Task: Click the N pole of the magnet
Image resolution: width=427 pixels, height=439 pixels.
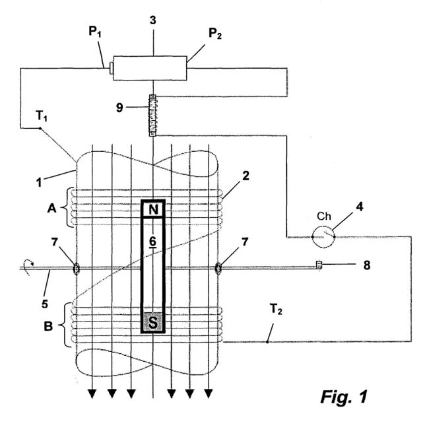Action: (x=152, y=209)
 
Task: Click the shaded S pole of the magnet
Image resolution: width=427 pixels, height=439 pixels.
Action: (x=152, y=322)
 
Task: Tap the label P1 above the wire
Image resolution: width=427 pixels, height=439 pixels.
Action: (x=95, y=32)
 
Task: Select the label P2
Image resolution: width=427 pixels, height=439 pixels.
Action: (x=215, y=34)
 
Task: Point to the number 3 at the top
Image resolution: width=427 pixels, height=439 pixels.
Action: (x=152, y=20)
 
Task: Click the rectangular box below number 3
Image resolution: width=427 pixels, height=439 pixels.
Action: (x=150, y=68)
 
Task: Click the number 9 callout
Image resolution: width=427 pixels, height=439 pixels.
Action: (x=119, y=108)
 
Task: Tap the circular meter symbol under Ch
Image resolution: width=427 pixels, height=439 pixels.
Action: (x=323, y=237)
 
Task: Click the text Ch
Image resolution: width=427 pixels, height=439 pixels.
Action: (x=324, y=217)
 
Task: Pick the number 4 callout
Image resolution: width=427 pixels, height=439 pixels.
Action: (x=360, y=207)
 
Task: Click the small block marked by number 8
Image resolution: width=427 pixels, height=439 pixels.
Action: (x=319, y=265)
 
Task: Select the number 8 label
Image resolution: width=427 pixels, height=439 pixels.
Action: (x=367, y=265)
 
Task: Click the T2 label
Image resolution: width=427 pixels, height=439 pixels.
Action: (x=276, y=310)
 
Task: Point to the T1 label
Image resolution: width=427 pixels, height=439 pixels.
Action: (x=42, y=116)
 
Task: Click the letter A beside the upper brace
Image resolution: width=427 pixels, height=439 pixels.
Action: (x=51, y=209)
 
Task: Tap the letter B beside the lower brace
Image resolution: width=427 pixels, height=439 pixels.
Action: (x=48, y=326)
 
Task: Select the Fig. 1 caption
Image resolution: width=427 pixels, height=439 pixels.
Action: (x=344, y=397)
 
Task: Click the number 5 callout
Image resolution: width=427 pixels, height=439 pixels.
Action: (x=45, y=304)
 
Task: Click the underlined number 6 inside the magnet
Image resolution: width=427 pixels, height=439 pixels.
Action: (x=152, y=242)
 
